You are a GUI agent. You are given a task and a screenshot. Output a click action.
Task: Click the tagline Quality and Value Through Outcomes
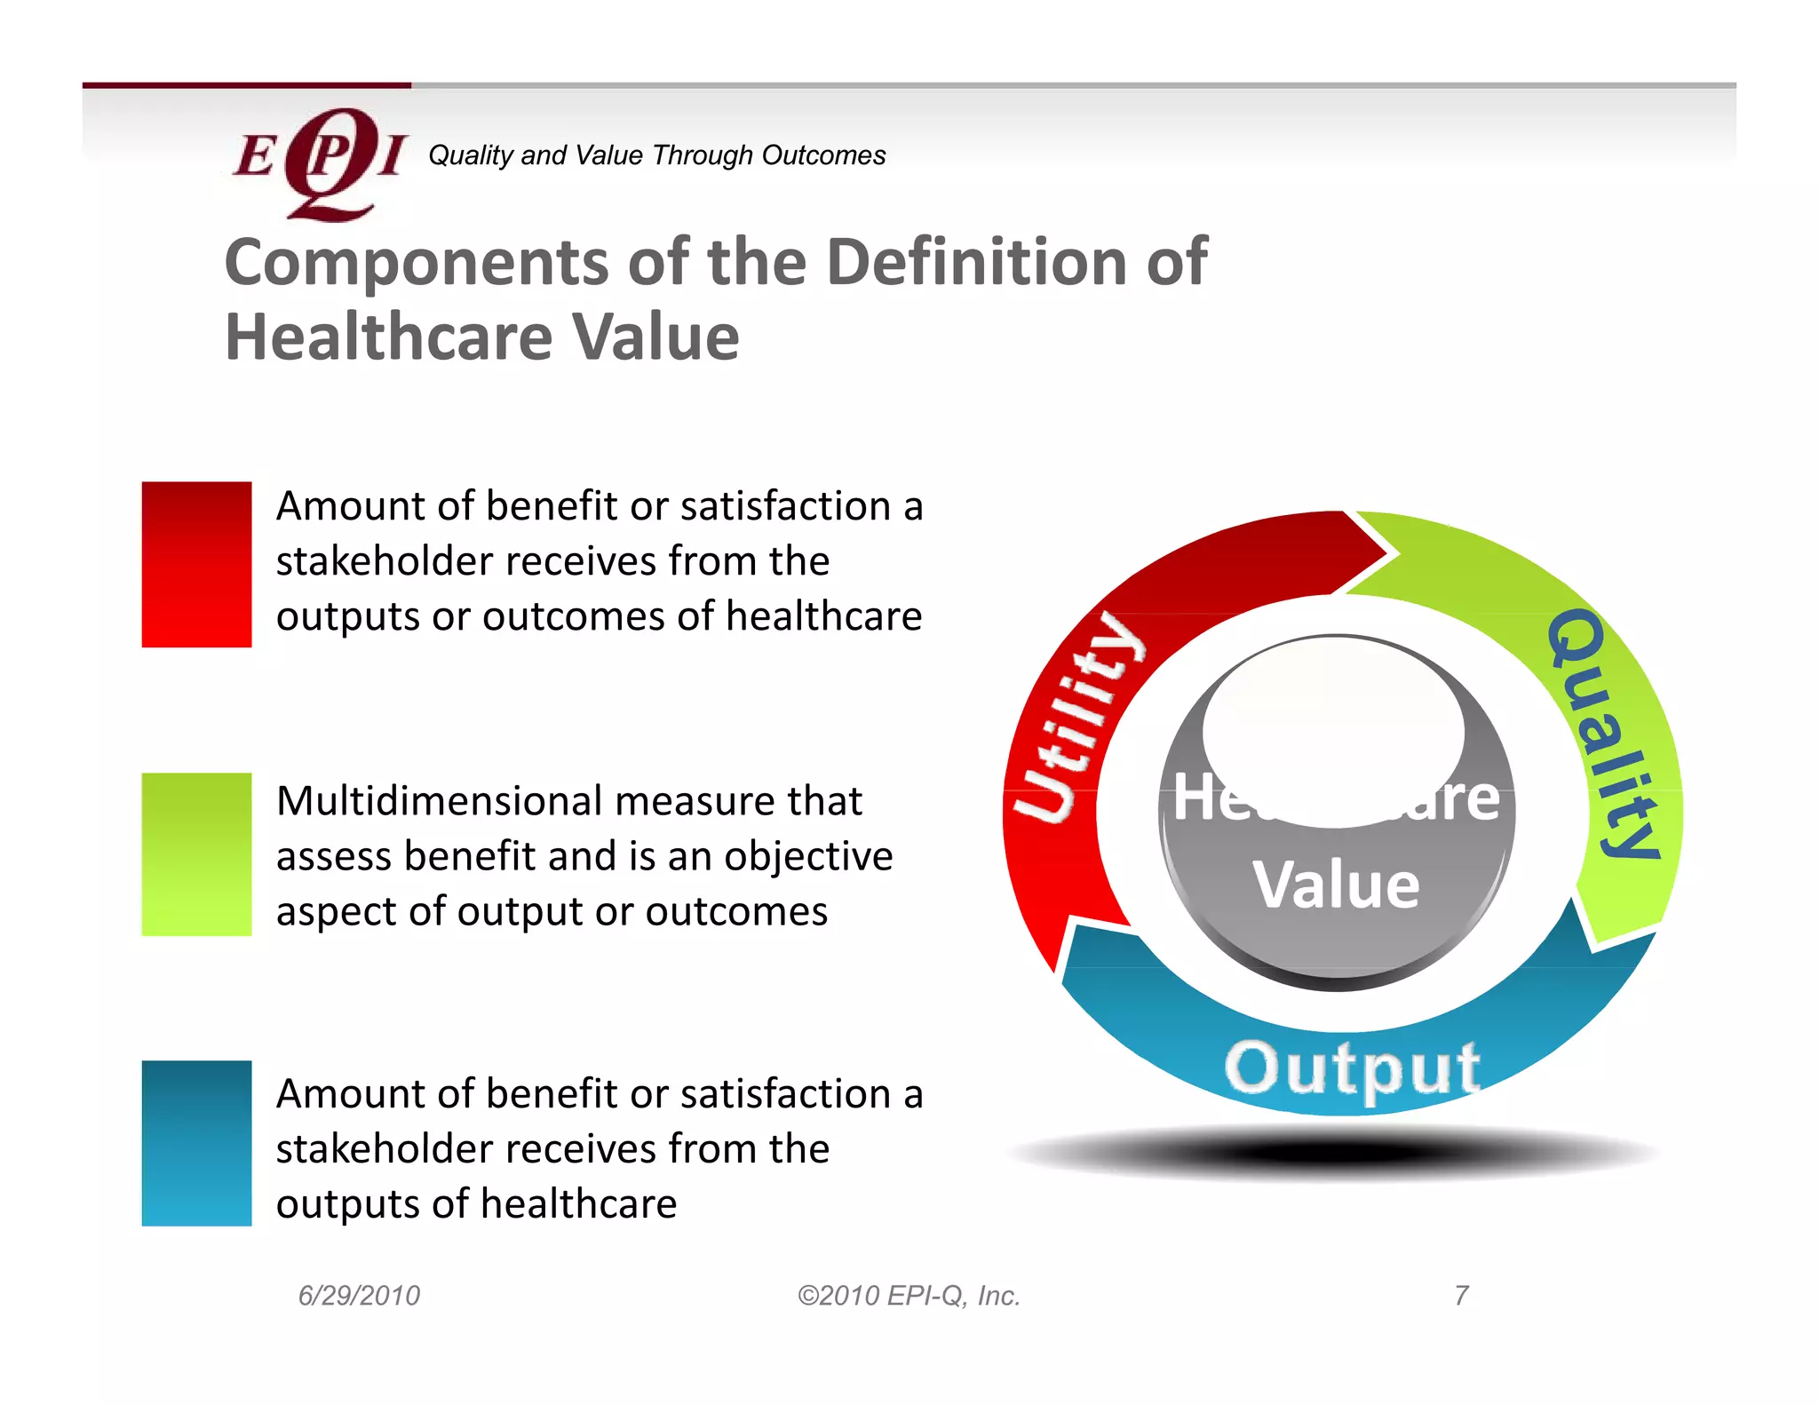tap(656, 155)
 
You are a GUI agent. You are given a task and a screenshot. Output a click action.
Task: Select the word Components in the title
tap(415, 263)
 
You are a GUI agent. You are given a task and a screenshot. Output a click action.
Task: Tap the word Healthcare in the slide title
tap(389, 338)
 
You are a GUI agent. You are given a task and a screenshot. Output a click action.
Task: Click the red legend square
tap(196, 564)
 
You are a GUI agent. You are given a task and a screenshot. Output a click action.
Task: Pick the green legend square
tap(196, 853)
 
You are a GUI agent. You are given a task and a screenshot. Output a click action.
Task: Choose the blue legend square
tap(196, 1143)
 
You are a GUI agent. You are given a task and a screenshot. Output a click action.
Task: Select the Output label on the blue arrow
tap(1351, 1068)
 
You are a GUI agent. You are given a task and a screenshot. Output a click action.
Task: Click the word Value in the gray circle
tap(1336, 885)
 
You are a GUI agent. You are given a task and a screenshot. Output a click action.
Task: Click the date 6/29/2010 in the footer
tap(359, 1296)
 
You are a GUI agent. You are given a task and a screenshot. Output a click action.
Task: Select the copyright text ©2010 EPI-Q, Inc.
tap(909, 1296)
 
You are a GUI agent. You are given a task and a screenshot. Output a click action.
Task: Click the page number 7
tap(1461, 1296)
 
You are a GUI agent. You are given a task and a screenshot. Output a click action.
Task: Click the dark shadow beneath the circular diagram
tap(1332, 1153)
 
